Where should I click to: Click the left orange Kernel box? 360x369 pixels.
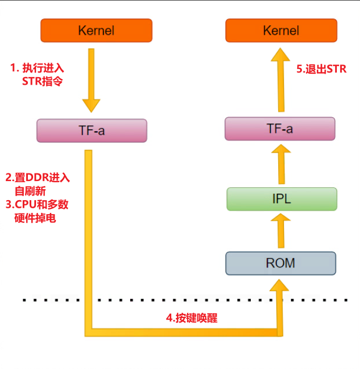tap(96, 30)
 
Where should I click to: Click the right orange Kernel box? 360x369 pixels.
tap(281, 30)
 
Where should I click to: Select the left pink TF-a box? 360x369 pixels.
tap(92, 131)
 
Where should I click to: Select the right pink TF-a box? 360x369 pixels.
tap(280, 129)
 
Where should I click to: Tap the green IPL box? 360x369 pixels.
tap(282, 199)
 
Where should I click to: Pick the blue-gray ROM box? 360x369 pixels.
tap(281, 263)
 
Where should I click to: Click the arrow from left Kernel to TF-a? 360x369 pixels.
tap(92, 78)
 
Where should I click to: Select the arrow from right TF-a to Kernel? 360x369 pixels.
tap(281, 81)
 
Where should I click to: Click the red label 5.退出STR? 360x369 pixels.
tap(321, 70)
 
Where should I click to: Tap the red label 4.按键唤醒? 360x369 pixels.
tap(192, 317)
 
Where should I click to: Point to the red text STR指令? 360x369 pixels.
tap(42, 81)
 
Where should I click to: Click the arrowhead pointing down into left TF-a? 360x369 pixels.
tap(92, 106)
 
